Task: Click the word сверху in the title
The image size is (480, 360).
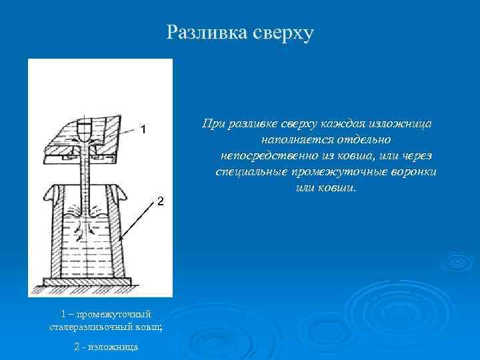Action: [280, 32]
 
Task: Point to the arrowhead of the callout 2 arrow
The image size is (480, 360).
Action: [120, 239]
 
